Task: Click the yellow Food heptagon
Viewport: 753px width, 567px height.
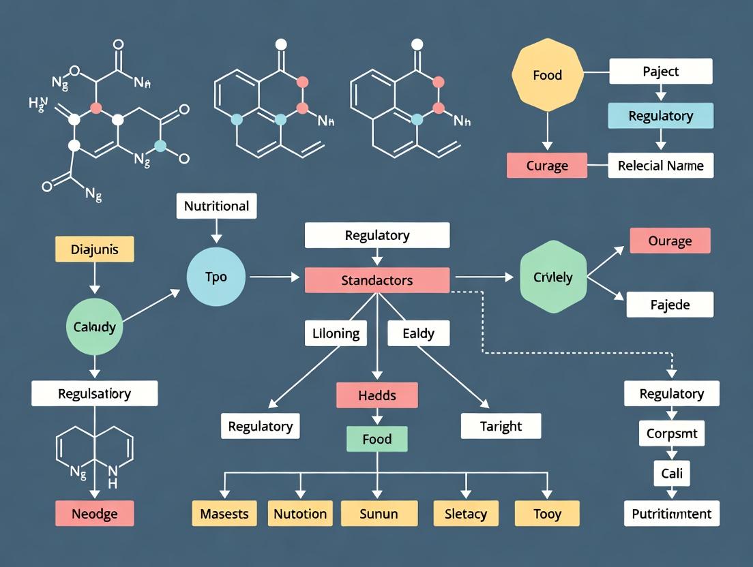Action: [548, 75]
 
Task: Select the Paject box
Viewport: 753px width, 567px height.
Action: [660, 71]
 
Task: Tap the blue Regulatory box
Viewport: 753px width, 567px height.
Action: [660, 116]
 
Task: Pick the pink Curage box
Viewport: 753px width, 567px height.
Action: [547, 166]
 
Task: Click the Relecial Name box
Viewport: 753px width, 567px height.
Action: [660, 166]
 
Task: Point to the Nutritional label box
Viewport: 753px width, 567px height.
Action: [216, 206]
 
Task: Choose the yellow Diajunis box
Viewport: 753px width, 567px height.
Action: [94, 249]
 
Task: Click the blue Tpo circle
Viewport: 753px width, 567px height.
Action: [216, 277]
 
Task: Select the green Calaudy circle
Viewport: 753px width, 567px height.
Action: [95, 327]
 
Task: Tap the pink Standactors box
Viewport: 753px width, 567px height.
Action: [376, 280]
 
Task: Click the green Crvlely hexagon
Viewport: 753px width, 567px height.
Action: [553, 277]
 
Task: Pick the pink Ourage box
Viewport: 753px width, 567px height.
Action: [670, 241]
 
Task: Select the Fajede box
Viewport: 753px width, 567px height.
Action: [670, 305]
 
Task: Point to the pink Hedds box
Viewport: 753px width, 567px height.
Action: [376, 395]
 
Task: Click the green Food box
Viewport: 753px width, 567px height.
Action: [376, 440]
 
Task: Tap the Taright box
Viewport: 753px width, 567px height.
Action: [501, 426]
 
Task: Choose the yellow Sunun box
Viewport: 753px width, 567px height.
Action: [378, 513]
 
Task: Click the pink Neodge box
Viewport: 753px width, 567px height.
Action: [94, 513]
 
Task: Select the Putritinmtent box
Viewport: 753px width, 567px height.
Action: [671, 513]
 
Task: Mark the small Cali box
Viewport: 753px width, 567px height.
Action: [671, 473]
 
